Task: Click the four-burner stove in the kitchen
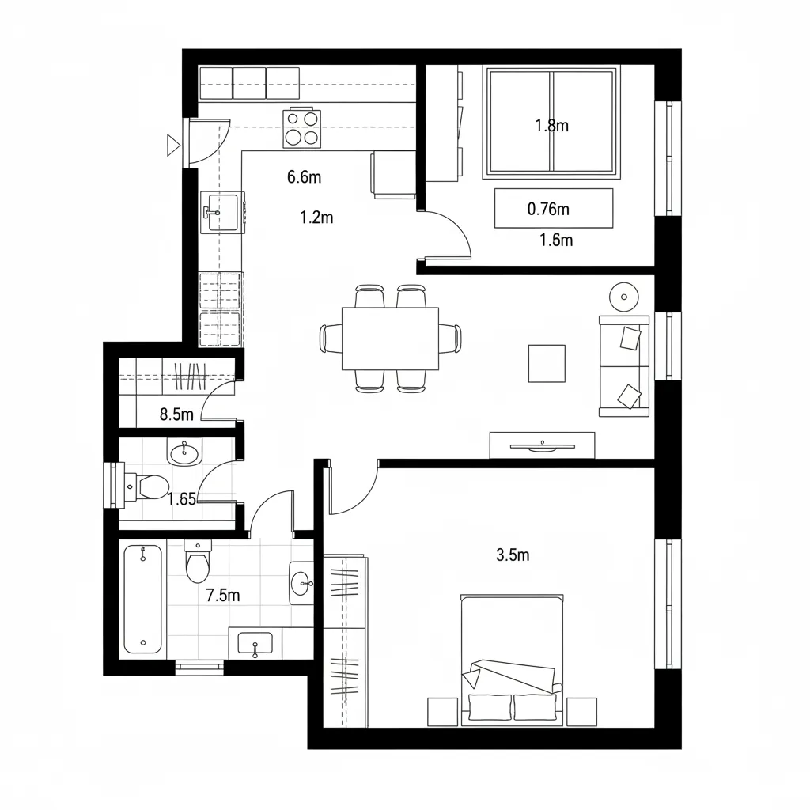[x=302, y=127]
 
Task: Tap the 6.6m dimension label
[x=304, y=177]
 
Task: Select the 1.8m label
[x=552, y=125]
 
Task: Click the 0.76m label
[x=548, y=210]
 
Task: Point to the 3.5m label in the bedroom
[x=513, y=555]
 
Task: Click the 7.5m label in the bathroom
[x=222, y=596]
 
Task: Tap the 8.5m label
[x=176, y=414]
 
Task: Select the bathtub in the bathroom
[x=142, y=599]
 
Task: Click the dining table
[x=390, y=339]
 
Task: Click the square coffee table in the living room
[x=547, y=363]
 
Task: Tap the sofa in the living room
[x=624, y=365]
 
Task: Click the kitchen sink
[x=221, y=212]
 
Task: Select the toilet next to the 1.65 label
[x=142, y=486]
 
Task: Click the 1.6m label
[x=556, y=240]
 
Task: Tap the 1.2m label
[x=316, y=218]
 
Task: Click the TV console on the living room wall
[x=542, y=445]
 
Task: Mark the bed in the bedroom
[x=512, y=658]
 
